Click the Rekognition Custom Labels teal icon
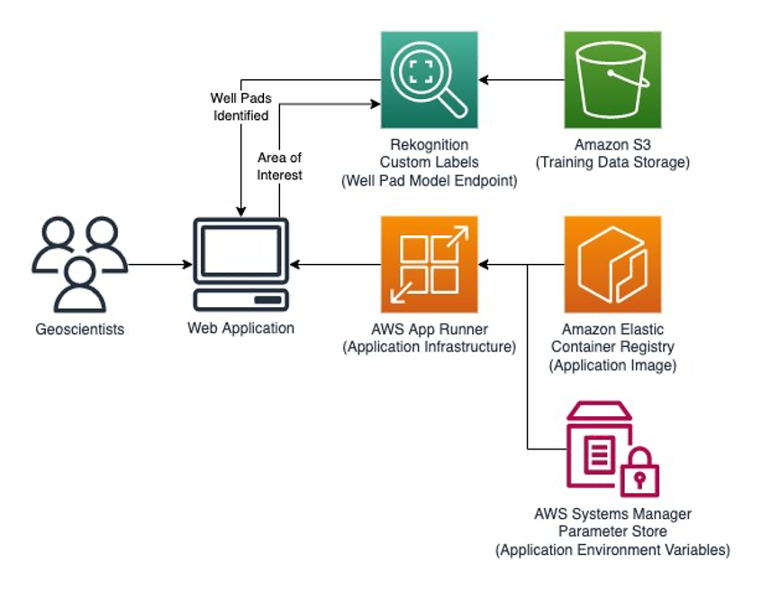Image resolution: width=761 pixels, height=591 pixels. pyautogui.click(x=429, y=79)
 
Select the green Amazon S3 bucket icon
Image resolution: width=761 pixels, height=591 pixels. pyautogui.click(x=612, y=79)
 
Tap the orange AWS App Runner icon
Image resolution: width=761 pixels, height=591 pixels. pyautogui.click(x=429, y=264)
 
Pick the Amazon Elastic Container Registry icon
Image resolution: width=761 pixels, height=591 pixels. pyautogui.click(x=612, y=264)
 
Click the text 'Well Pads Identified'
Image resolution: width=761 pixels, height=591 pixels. pyautogui.click(x=240, y=106)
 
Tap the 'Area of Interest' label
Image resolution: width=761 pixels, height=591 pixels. pyautogui.click(x=279, y=167)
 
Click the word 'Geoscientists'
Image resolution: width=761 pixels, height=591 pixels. pyautogui.click(x=79, y=330)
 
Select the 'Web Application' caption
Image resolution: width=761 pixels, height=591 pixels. pyautogui.click(x=240, y=328)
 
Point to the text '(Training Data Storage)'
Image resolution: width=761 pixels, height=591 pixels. pyautogui.click(x=612, y=162)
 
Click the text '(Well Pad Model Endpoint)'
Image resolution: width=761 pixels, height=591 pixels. pyautogui.click(x=429, y=180)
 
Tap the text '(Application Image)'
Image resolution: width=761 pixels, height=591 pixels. pyautogui.click(x=612, y=365)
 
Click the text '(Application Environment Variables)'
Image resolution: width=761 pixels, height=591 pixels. pyautogui.click(x=612, y=550)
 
